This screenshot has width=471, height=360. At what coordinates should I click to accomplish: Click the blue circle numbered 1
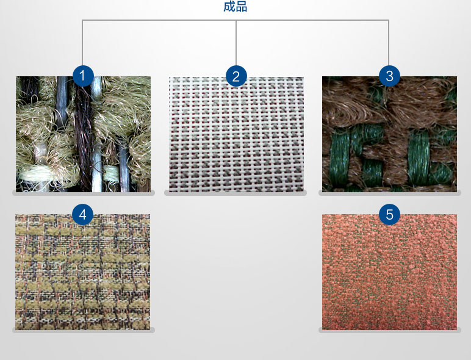(83, 76)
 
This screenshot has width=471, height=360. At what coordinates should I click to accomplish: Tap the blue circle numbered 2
(236, 76)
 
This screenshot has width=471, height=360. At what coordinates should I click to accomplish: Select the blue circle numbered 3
(389, 76)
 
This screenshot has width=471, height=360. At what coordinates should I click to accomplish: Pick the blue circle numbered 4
(82, 214)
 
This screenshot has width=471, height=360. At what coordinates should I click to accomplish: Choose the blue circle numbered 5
(389, 214)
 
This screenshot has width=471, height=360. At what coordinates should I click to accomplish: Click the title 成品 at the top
(235, 7)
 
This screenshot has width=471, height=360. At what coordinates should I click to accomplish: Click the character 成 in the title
(229, 7)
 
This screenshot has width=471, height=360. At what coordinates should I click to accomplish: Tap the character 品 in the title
(242, 7)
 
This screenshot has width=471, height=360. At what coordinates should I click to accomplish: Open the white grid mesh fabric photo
(236, 134)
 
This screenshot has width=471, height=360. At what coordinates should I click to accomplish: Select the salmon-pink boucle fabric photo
(389, 272)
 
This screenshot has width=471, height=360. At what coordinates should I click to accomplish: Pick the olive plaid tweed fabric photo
(82, 272)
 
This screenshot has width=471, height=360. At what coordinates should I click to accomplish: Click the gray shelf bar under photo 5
(390, 330)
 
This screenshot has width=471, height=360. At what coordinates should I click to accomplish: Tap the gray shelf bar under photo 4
(83, 330)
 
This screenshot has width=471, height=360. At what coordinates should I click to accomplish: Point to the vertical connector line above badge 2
(236, 43)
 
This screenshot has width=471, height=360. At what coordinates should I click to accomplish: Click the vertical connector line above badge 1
(82, 43)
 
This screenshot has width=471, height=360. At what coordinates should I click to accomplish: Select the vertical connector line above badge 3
(389, 43)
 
